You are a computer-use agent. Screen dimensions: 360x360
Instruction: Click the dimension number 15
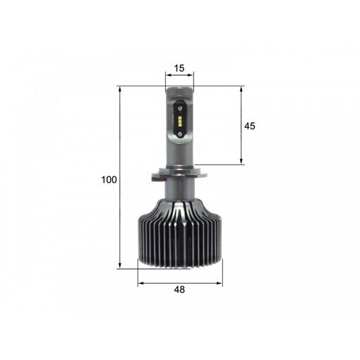coord(179,68)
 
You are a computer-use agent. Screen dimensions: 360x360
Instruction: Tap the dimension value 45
coord(249,126)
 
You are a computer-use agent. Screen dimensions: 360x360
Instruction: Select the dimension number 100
coord(108,179)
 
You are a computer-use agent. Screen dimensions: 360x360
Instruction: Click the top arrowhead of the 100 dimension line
coord(120,89)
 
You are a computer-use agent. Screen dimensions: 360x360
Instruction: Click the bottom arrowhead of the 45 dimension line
coord(241,162)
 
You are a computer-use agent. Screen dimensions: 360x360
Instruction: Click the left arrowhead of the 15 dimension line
coord(167,76)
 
